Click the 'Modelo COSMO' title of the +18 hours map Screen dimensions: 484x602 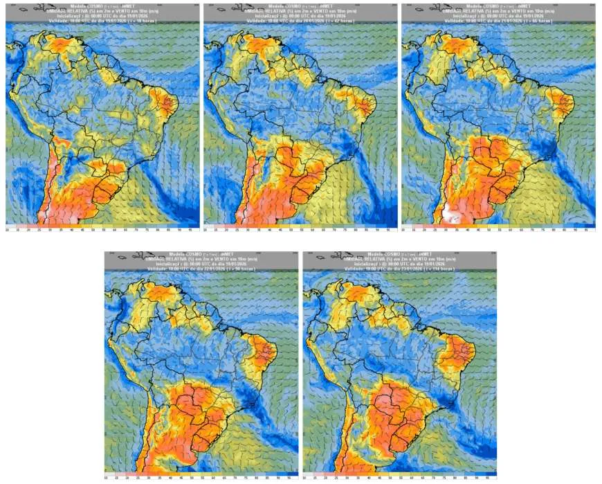pyautogui.click(x=101, y=5)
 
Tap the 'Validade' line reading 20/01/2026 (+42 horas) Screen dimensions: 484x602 pyautogui.click(x=300, y=21)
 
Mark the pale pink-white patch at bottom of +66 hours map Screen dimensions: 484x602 pyautogui.click(x=453, y=214)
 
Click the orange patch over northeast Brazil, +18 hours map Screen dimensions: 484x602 pyautogui.click(x=168, y=103)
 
